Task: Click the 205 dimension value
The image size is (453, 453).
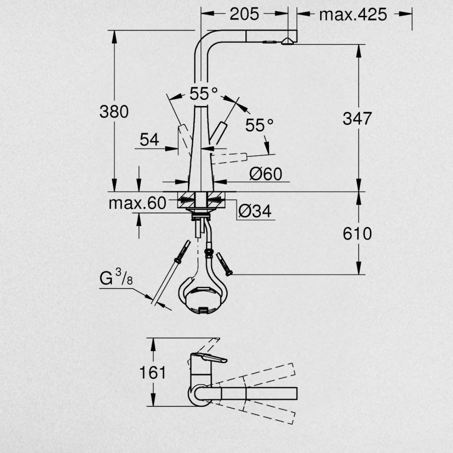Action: point(245,14)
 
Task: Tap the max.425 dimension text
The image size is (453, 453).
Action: point(353,14)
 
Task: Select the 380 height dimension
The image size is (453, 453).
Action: point(114,112)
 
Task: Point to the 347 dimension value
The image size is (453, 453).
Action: point(357,119)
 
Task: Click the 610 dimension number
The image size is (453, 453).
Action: point(357,234)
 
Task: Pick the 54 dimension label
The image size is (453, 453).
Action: point(149,140)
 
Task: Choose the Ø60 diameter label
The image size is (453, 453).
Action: point(266,174)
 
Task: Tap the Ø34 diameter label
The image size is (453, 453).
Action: point(255,211)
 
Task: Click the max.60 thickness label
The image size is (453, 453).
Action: point(138,203)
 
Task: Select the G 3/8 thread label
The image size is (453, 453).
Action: point(116,277)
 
